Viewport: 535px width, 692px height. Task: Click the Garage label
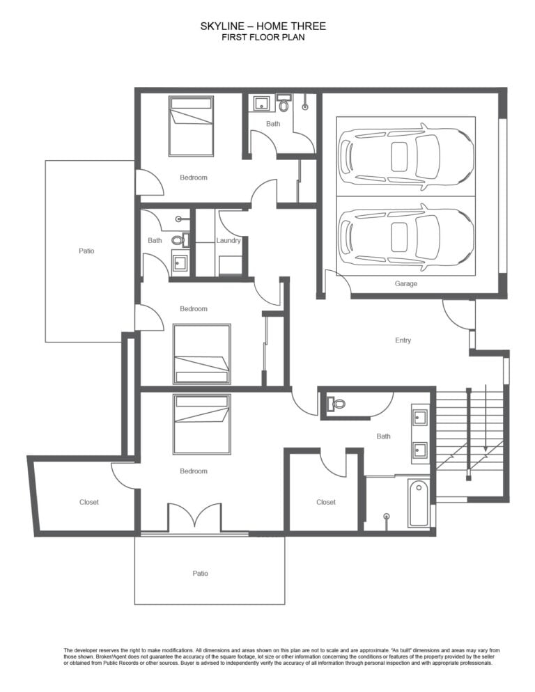coord(405,284)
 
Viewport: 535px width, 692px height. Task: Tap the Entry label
coord(403,340)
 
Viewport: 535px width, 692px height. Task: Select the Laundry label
coord(228,240)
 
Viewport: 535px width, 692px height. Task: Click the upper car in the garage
coord(405,157)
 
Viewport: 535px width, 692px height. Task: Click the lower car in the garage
coord(405,237)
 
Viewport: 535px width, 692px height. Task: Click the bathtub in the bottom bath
coord(419,503)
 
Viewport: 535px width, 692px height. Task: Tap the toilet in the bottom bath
coord(336,403)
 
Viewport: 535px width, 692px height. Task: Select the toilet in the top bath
coord(284,104)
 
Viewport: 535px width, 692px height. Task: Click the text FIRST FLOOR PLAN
coord(263,37)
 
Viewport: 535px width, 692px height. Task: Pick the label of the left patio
coord(86,251)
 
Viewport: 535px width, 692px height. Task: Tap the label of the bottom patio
coord(200,573)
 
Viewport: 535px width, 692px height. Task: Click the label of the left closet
coord(89,502)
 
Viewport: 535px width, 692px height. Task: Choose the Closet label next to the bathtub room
coord(326,502)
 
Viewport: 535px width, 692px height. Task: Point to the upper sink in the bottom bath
coord(419,416)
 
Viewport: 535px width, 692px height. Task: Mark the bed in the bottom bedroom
coord(202,424)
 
